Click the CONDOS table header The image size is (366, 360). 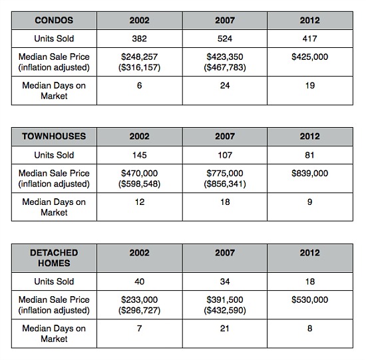coord(54,21)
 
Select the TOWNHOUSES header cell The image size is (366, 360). coord(54,136)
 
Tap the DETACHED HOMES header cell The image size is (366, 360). coord(54,258)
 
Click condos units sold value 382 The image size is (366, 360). coord(139,39)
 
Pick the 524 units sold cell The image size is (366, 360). coord(225,39)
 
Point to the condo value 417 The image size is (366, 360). coord(309,39)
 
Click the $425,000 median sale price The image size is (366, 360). coord(309,57)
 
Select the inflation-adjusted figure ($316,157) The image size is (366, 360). coord(139,67)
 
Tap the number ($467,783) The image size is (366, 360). coord(225,67)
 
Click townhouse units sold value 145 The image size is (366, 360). coord(139,155)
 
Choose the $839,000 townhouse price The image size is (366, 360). coord(309,173)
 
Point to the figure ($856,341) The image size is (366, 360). coord(225,184)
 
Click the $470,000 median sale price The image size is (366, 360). coord(139,173)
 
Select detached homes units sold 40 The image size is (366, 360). coord(139,281)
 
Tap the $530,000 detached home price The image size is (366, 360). coord(309,299)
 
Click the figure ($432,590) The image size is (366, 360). coord(225,311)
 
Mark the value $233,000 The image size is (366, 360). coord(139,299)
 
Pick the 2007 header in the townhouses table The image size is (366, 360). coord(225,136)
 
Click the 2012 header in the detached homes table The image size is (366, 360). coord(309,253)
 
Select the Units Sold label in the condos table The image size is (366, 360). coord(54,39)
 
